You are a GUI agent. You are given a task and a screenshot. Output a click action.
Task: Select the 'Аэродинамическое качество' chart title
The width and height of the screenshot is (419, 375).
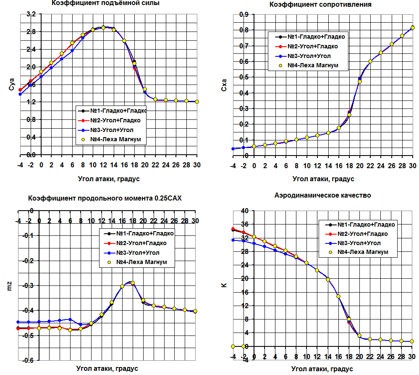(322, 195)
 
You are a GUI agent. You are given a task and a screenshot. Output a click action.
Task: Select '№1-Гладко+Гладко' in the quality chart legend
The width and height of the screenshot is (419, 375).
(367, 224)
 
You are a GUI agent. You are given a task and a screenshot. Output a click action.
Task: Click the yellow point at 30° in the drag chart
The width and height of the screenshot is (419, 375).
(412, 28)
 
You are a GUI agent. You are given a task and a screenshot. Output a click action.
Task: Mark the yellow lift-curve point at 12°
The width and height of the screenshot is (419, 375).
(103, 28)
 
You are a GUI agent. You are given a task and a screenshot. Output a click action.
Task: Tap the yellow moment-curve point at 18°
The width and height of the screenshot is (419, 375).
(133, 283)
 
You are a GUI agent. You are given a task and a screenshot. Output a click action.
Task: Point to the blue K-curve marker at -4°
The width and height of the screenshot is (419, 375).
(233, 240)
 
